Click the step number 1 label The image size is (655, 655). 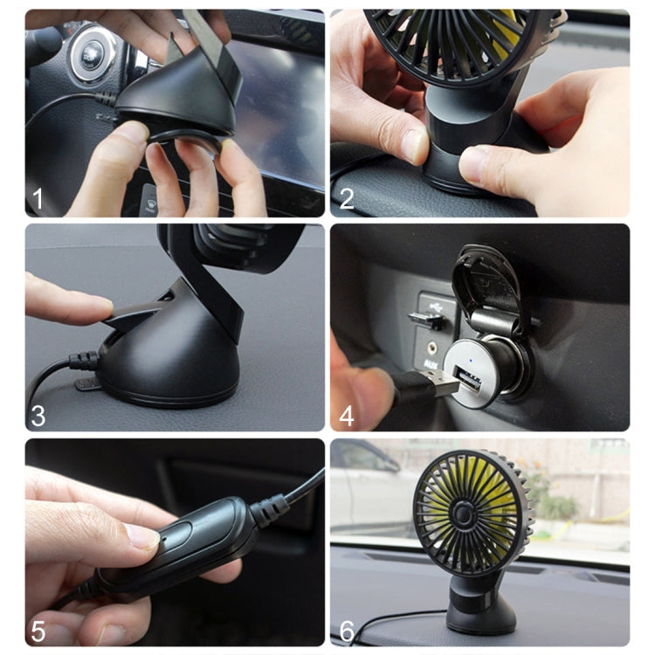pyautogui.click(x=38, y=198)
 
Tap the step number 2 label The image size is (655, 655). pyautogui.click(x=347, y=198)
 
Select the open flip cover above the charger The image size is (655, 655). pyautogui.click(x=486, y=279)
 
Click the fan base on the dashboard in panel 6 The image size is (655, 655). pyautogui.click(x=476, y=603)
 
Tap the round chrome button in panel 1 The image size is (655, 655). pyautogui.click(x=87, y=52)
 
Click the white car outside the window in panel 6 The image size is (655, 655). pyautogui.click(x=367, y=489)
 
